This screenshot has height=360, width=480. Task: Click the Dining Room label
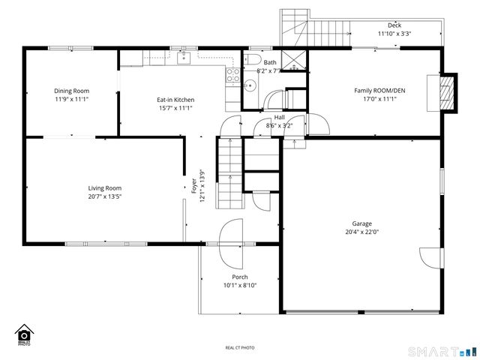click(x=71, y=91)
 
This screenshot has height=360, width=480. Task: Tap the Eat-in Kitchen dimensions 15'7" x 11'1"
click(x=175, y=108)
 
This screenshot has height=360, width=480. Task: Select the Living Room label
click(x=104, y=188)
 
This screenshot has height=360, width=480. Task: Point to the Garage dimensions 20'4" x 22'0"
click(x=362, y=232)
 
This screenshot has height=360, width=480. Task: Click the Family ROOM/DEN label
click(x=374, y=91)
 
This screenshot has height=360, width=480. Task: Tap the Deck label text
click(x=394, y=25)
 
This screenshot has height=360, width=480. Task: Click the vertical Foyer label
click(x=193, y=181)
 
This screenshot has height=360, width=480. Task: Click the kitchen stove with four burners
click(x=232, y=75)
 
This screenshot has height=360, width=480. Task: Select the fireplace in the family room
click(x=446, y=91)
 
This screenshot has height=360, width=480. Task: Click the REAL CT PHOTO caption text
click(x=240, y=347)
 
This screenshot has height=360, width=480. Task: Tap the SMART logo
click(x=441, y=351)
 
